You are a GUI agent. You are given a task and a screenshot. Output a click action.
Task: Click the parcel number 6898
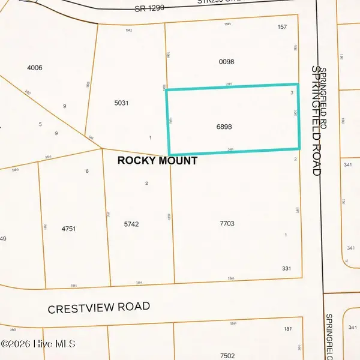[x=224, y=127]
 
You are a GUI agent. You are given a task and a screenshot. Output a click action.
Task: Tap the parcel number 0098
[x=226, y=62]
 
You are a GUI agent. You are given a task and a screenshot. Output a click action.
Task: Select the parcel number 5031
[x=121, y=103]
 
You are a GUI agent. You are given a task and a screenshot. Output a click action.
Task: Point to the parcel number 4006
[x=35, y=68]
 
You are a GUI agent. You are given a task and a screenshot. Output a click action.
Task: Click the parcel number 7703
[x=226, y=224]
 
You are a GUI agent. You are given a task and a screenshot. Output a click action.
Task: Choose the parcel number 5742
[x=131, y=224]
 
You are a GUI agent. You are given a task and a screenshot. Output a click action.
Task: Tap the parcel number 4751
[x=69, y=229]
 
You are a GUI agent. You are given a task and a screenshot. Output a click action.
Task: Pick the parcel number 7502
[x=227, y=356]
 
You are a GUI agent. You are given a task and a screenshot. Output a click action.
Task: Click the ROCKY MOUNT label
[x=157, y=160]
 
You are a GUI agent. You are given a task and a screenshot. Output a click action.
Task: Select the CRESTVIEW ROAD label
[x=99, y=307]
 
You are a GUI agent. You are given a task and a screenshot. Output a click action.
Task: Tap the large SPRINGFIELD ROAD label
[x=317, y=120]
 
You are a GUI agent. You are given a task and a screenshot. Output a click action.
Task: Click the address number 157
[x=283, y=27]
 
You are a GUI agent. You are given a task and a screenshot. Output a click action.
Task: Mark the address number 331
[x=286, y=269]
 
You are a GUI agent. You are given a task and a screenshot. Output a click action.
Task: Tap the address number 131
[x=288, y=329]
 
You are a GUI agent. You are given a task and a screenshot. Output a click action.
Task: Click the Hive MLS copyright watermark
[x=38, y=344]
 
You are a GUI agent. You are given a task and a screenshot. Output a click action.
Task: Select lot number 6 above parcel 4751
[x=87, y=171]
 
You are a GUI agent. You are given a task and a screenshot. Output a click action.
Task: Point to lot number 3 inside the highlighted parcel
[x=292, y=92]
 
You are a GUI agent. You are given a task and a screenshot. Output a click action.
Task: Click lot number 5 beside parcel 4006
[x=40, y=124]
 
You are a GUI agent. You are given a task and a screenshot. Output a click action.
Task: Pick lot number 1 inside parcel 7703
[x=286, y=235]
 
